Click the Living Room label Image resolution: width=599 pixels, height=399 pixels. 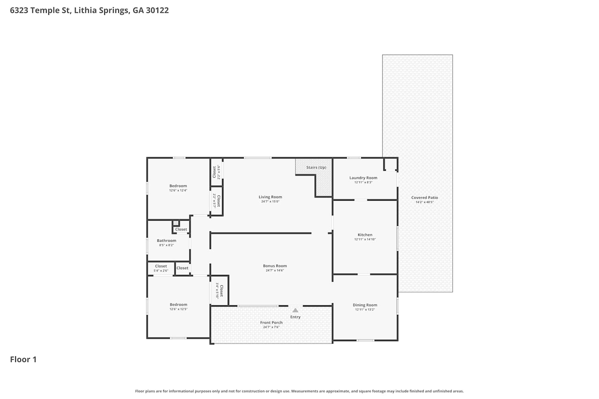click(270, 197)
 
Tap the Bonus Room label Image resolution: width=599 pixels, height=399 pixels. click(275, 266)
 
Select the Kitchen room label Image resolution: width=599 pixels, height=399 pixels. click(365, 235)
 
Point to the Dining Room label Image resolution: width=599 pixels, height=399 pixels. click(365, 305)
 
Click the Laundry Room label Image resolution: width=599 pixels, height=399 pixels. click(363, 178)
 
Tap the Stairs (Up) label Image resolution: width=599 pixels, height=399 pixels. click(316, 168)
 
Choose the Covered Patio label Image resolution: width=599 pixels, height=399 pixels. click(424, 198)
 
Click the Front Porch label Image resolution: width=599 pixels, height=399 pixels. click(271, 323)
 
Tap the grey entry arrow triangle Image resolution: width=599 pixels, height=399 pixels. click(295, 310)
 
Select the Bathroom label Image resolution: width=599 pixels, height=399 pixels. click(167, 241)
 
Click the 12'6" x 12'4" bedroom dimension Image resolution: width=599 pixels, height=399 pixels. click(178, 191)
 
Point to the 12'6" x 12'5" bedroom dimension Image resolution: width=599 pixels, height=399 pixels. click(179, 309)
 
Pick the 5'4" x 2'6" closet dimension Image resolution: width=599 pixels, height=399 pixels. click(161, 271)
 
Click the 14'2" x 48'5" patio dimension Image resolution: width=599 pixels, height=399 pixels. click(424, 202)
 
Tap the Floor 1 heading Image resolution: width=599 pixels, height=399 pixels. click(23, 359)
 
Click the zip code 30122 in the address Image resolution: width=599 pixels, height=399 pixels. click(157, 10)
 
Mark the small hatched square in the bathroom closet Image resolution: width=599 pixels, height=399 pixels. click(176, 223)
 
